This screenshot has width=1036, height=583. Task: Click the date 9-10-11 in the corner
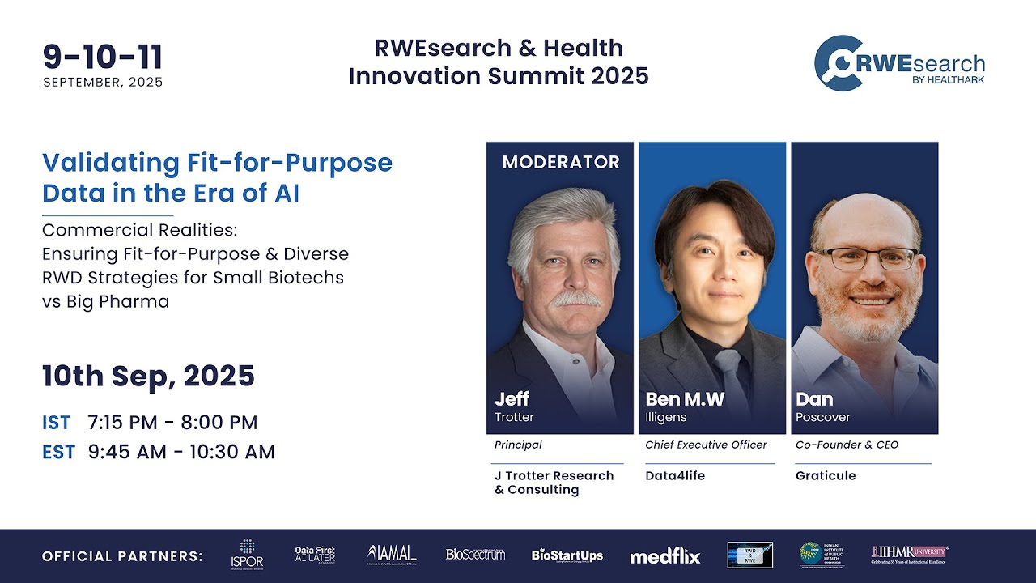(103, 57)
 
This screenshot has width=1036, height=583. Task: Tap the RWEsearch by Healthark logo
(899, 63)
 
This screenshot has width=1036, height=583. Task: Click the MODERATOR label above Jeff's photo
(560, 162)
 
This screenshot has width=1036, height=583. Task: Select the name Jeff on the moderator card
(512, 399)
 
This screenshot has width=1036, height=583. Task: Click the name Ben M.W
(684, 399)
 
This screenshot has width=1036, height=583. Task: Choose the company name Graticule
(825, 475)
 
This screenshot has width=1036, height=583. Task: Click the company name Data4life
(675, 475)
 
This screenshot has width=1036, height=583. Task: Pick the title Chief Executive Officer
(706, 445)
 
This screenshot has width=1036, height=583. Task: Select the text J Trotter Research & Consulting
(554, 483)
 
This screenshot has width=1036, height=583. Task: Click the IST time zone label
(57, 423)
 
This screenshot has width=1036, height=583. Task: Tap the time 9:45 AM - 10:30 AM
(181, 452)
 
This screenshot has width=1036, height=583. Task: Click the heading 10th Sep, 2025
(148, 376)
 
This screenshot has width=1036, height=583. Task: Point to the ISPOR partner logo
(247, 555)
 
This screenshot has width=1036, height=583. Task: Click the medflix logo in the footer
(664, 556)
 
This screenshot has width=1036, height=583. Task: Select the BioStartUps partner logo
(567, 555)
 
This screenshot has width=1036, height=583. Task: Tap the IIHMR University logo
(909, 555)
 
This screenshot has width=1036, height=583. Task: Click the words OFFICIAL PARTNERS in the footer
(122, 556)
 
